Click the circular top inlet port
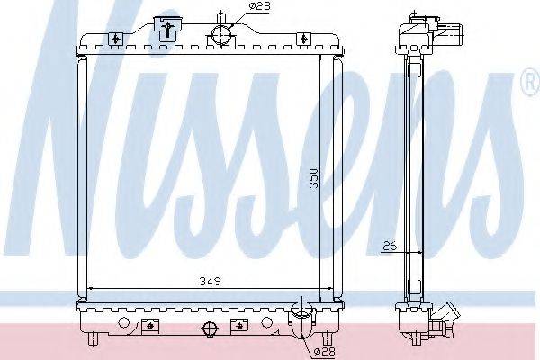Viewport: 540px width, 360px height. (x=221, y=35)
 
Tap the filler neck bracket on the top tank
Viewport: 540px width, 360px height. (x=167, y=28)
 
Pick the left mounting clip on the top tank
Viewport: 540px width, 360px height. (x=116, y=38)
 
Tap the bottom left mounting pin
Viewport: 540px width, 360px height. (x=94, y=340)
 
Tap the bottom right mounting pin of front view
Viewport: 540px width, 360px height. (x=332, y=340)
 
